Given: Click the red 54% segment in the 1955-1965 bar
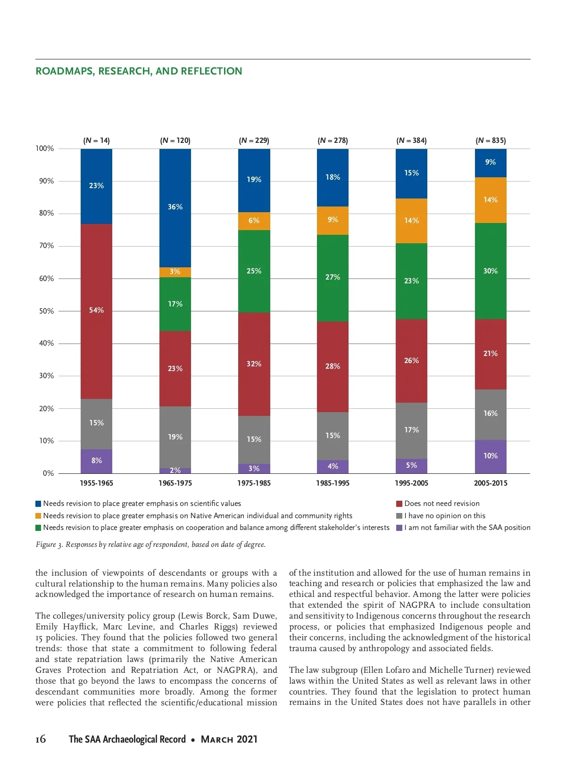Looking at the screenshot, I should pos(96,311).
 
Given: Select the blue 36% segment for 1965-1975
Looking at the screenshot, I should pos(175,208).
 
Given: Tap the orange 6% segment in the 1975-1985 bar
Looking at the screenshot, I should pos(254,221).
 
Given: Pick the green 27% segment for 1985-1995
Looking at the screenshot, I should pos(333,278).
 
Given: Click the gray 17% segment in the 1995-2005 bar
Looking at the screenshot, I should pos(411,430).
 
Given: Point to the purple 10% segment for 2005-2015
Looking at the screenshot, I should pos(491,456).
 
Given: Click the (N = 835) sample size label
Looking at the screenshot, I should pos(491,141).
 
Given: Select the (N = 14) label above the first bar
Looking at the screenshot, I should pos(96,141).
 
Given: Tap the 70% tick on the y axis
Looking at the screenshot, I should pos(46,246).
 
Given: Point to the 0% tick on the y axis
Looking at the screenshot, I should pos(48,473).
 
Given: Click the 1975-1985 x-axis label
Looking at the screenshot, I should pos(254,483).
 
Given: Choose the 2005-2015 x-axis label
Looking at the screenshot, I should pos(491,483).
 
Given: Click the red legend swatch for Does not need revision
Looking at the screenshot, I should pos(400,504).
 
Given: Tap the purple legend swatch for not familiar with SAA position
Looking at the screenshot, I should pos(400,528).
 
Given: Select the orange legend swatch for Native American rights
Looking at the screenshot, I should pos(39,516).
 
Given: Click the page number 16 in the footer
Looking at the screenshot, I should pos(41,739).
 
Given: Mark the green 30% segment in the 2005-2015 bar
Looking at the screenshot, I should pos(491,271).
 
